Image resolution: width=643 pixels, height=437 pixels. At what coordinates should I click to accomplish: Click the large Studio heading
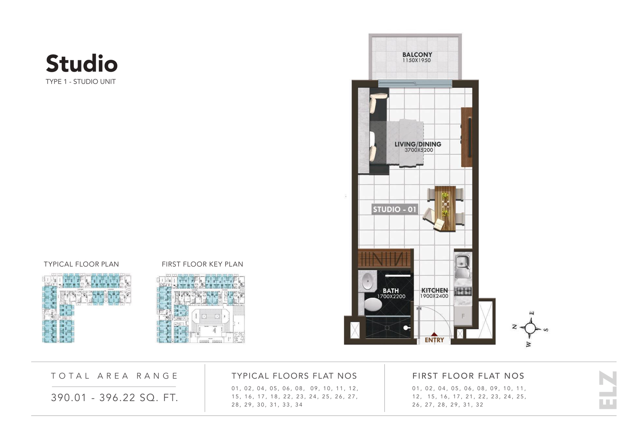(x=82, y=64)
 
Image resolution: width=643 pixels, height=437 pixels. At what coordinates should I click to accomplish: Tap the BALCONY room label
(x=417, y=55)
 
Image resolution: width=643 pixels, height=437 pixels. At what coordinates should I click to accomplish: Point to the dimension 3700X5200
(x=419, y=150)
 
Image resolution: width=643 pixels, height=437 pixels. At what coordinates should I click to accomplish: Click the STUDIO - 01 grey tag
(x=394, y=209)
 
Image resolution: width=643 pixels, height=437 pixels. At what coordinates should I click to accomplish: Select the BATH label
(x=391, y=291)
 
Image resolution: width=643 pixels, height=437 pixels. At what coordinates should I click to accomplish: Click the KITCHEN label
(x=434, y=290)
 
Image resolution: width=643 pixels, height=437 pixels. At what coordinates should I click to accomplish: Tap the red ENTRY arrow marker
(x=434, y=334)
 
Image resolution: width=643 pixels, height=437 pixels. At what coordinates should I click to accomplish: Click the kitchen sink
(x=462, y=262)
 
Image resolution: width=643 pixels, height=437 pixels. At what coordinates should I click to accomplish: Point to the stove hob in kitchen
(x=463, y=291)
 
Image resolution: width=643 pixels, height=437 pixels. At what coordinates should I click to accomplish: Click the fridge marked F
(x=463, y=316)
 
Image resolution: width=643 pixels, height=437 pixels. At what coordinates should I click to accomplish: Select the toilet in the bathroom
(x=372, y=304)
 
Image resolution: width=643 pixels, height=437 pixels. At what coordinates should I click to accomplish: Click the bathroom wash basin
(x=367, y=281)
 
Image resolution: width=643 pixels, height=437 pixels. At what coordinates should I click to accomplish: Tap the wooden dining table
(x=446, y=208)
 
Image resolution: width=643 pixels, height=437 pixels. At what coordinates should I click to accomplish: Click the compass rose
(x=530, y=328)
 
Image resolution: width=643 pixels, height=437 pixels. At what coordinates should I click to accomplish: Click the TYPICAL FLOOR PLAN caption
(x=81, y=264)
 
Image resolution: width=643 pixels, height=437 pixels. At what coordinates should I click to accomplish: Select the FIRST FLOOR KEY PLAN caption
(x=202, y=264)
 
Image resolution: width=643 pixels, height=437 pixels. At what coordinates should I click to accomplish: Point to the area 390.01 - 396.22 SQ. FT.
(x=115, y=398)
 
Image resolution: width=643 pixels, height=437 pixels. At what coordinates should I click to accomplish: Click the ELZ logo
(x=608, y=390)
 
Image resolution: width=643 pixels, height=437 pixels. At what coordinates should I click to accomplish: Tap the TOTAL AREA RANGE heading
(x=115, y=376)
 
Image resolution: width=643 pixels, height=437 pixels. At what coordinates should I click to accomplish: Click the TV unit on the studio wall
(x=467, y=137)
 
